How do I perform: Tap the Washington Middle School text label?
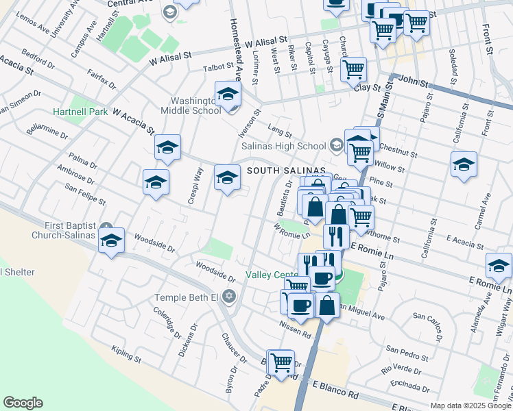coord(191,103)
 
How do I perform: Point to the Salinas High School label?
coord(283,145)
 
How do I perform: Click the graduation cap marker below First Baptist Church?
coord(111,241)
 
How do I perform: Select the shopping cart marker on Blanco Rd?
coord(281,363)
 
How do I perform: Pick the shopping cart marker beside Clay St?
coord(353,69)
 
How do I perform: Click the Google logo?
coord(23,403)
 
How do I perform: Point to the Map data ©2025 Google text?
coord(469,406)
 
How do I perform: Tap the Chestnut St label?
coord(398,151)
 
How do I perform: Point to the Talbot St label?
coord(219,68)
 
